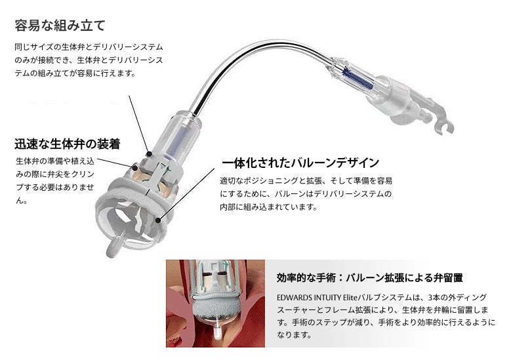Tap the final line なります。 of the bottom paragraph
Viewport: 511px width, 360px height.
(292, 335)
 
